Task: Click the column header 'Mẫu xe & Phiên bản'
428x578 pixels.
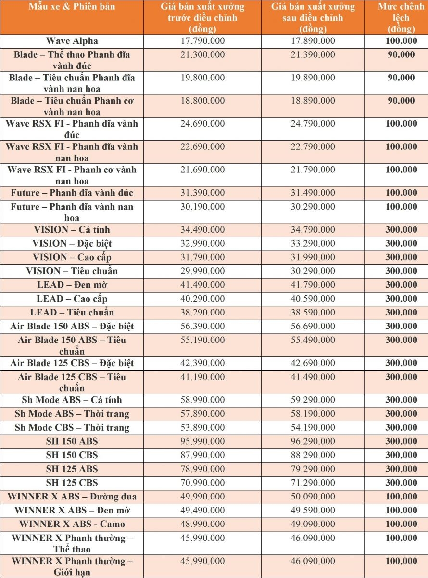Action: point(72,7)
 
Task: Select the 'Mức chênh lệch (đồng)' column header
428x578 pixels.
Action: point(401,18)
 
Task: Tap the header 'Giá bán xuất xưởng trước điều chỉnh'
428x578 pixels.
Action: point(202,18)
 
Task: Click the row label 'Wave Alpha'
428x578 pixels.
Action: point(72,41)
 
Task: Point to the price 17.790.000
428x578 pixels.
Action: point(202,41)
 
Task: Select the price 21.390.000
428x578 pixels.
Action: point(313,54)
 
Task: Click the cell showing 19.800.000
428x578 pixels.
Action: point(202,78)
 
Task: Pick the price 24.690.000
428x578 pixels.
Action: point(202,124)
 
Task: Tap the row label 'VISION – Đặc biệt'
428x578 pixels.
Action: point(72,243)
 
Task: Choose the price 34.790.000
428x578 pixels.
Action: point(313,230)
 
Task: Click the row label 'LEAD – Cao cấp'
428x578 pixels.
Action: point(72,299)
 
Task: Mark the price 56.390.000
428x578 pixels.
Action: point(202,326)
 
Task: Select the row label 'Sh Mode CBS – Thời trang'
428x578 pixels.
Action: point(72,427)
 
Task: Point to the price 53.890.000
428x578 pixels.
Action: point(202,427)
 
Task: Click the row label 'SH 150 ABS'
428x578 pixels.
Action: point(72,441)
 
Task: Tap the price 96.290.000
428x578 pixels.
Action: point(313,441)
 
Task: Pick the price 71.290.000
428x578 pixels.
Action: point(313,483)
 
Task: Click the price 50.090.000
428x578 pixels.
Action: point(313,497)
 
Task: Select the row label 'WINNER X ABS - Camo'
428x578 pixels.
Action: point(72,524)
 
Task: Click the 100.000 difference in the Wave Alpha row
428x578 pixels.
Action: point(401,41)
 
